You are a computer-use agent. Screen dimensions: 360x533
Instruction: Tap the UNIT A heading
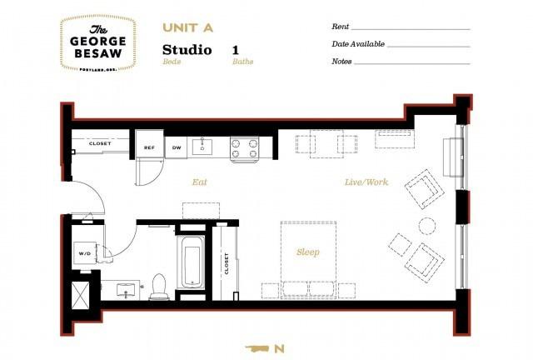(x=187, y=27)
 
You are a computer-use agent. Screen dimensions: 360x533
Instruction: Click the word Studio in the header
(x=187, y=51)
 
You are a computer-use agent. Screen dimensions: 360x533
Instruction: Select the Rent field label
(x=340, y=27)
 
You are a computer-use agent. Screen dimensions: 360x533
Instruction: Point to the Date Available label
(x=357, y=44)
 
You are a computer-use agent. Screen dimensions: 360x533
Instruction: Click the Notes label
(x=341, y=61)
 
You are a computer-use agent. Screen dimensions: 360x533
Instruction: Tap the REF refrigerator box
(x=149, y=147)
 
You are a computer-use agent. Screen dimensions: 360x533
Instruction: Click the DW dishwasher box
(x=177, y=147)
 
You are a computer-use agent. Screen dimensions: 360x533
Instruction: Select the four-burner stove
(x=244, y=148)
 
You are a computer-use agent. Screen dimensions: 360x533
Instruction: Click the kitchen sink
(x=203, y=147)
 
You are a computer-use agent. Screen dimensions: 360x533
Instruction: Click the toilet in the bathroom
(x=158, y=287)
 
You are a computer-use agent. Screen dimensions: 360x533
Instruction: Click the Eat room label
(x=199, y=181)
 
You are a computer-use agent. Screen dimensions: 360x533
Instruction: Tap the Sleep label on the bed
(x=308, y=251)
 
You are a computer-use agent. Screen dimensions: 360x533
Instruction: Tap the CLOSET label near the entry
(x=100, y=143)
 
